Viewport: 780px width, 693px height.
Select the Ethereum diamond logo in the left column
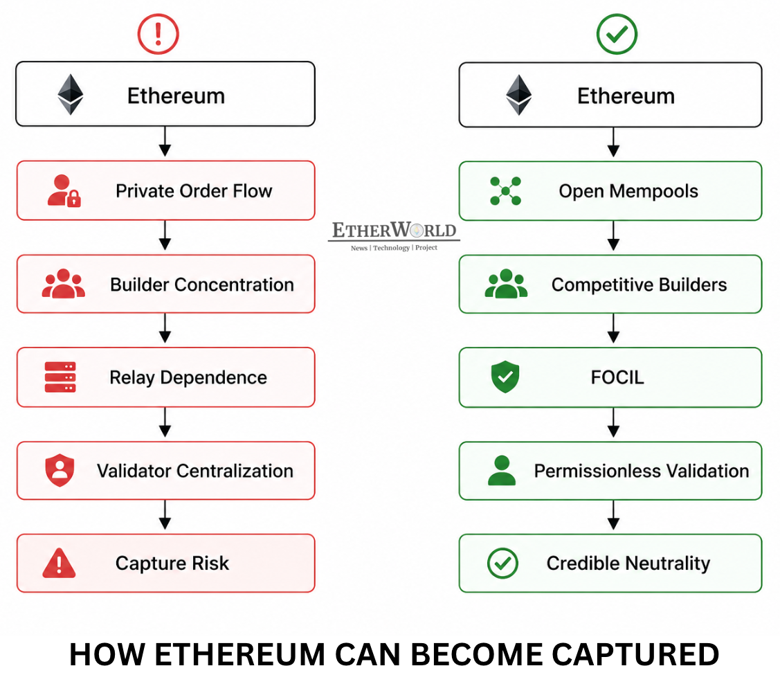(70, 95)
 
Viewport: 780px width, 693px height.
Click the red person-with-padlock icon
(64, 190)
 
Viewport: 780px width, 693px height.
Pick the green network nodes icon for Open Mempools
(505, 191)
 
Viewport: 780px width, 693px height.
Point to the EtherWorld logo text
(394, 231)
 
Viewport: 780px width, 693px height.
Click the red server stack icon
(60, 377)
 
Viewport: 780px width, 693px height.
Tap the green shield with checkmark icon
(505, 377)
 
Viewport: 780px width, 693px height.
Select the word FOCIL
(617, 377)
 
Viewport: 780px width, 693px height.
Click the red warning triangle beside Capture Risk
(60, 563)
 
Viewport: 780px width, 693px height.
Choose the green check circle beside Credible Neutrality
(502, 563)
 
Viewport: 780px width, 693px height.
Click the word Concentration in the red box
(235, 285)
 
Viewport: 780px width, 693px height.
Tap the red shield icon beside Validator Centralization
(60, 470)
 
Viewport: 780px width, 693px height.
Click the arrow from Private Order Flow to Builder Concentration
(165, 235)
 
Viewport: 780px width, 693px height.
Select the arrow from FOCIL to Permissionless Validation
(613, 423)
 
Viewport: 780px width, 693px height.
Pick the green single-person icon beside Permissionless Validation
(502, 470)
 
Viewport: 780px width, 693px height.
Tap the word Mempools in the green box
(653, 192)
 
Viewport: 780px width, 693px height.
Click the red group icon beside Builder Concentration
(64, 284)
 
